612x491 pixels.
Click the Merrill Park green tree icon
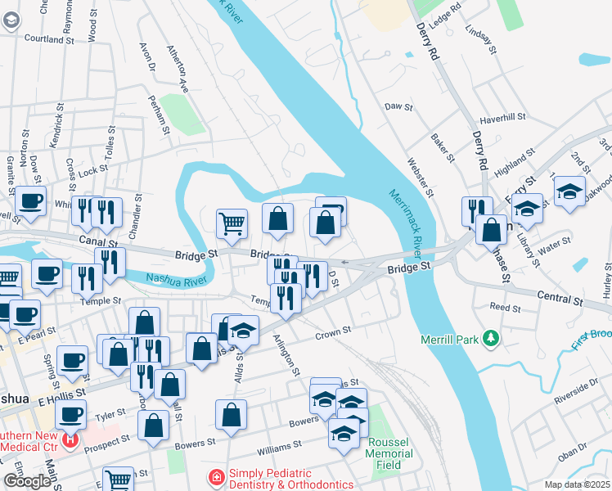[x=491, y=337]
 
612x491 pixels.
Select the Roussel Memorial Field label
[x=383, y=453]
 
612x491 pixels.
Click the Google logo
[x=27, y=481]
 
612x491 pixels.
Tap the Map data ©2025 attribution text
[x=577, y=484]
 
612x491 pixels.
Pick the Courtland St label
[x=50, y=38]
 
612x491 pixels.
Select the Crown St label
[x=333, y=332]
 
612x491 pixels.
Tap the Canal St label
[x=101, y=242]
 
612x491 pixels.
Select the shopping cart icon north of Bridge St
[x=232, y=223]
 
